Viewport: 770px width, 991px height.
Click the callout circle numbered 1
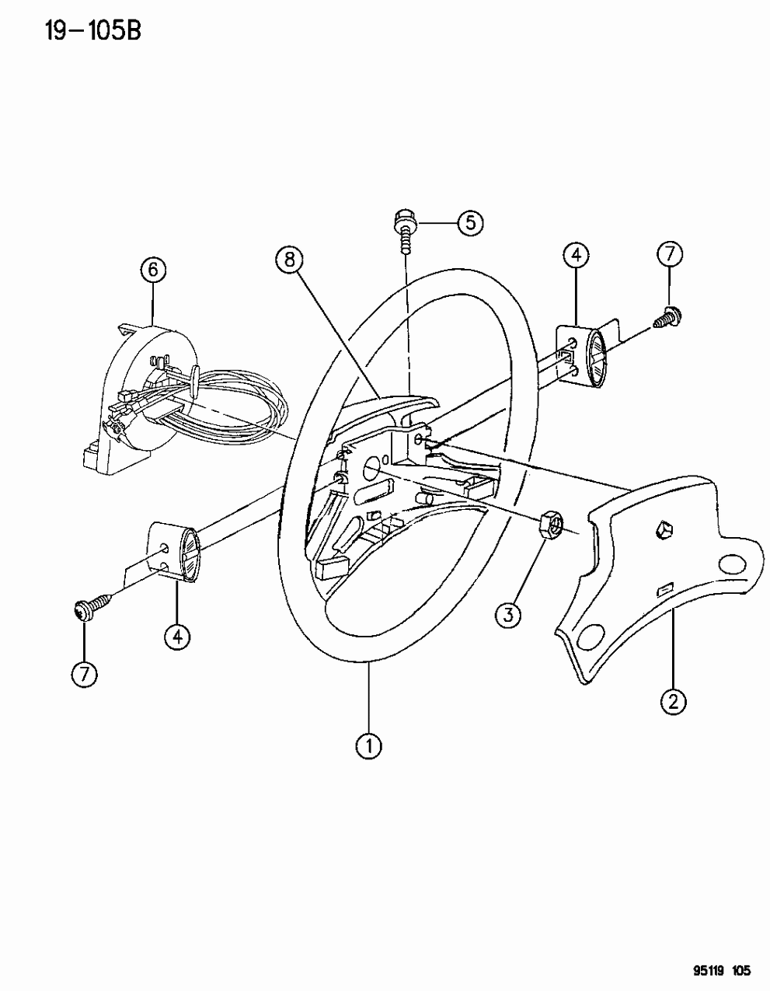(x=368, y=746)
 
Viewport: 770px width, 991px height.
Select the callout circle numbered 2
(x=673, y=702)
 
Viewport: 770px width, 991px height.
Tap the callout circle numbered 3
(x=509, y=616)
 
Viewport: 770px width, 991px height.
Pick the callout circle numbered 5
(x=469, y=223)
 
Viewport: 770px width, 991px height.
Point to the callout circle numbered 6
(x=153, y=270)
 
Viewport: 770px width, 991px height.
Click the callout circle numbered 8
(x=289, y=260)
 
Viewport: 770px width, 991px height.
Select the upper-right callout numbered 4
(x=576, y=255)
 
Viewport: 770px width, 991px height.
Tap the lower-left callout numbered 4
(x=177, y=637)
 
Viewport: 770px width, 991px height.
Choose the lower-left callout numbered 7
(x=84, y=674)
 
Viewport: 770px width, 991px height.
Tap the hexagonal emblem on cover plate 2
(x=664, y=531)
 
